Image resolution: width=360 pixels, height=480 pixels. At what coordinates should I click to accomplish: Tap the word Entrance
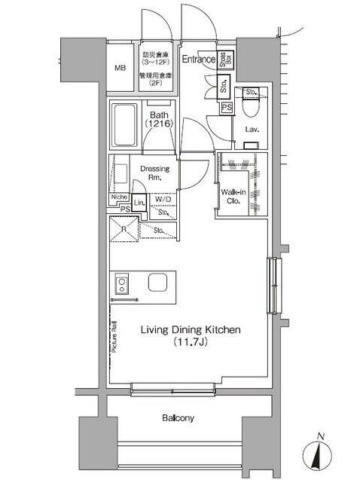199,59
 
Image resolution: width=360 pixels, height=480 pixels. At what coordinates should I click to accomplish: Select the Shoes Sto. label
224,61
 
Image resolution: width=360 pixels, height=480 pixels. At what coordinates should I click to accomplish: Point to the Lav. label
252,129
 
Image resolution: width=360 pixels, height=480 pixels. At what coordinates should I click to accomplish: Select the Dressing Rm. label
154,173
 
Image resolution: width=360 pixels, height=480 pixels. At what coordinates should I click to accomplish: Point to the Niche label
118,197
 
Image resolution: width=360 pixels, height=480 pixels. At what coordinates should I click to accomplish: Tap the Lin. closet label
139,203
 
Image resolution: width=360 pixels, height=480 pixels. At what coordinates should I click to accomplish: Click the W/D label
163,200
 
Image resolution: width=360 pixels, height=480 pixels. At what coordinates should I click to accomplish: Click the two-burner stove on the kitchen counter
121,284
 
